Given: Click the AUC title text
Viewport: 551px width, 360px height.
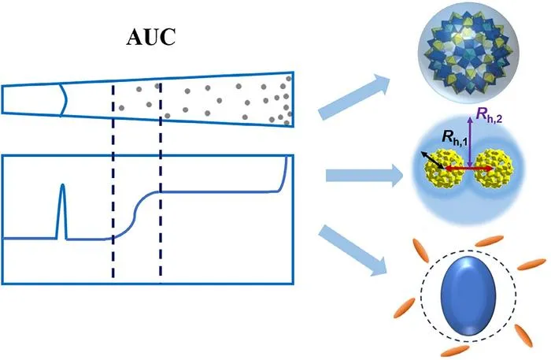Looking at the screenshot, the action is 151,37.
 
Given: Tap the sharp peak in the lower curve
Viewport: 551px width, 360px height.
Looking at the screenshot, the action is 62,211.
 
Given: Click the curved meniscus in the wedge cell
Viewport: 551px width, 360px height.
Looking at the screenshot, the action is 62,99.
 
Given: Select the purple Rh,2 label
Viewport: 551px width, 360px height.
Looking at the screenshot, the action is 489,115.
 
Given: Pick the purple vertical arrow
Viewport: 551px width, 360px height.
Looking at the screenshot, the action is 470,142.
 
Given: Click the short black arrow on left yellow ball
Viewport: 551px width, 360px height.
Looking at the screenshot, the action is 432,160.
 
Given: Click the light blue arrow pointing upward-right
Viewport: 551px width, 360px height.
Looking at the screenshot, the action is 354,96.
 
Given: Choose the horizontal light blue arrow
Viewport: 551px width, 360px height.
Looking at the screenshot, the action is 364,175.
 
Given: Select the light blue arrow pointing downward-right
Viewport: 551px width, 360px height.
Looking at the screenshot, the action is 353,251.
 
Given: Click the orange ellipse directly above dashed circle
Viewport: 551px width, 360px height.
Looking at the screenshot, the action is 489,241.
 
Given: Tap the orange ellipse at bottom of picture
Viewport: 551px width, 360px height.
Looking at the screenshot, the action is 455,351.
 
